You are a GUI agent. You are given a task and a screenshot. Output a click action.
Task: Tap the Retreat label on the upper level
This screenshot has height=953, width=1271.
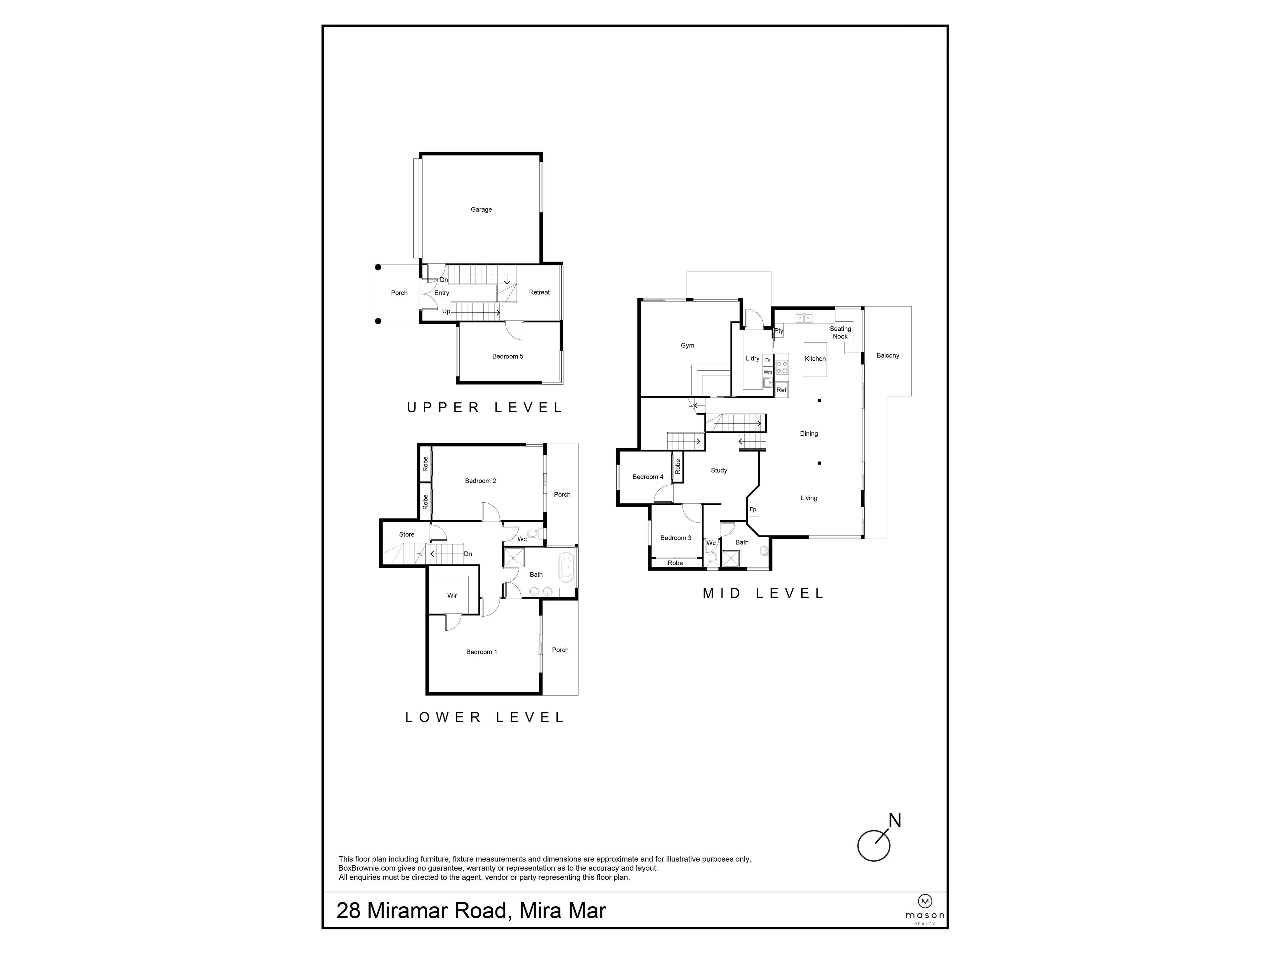539,293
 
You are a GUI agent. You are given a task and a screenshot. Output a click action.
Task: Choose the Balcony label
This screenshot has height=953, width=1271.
888,356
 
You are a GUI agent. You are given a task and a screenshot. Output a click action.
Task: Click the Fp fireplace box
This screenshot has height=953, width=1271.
753,510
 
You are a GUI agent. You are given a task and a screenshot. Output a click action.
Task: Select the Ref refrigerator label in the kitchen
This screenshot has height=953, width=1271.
781,390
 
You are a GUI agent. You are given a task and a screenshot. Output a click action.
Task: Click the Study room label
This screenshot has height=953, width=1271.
719,471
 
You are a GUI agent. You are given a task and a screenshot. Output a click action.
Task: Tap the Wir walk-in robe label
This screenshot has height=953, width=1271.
452,596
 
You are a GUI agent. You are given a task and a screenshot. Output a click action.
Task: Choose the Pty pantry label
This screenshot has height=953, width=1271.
778,331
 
